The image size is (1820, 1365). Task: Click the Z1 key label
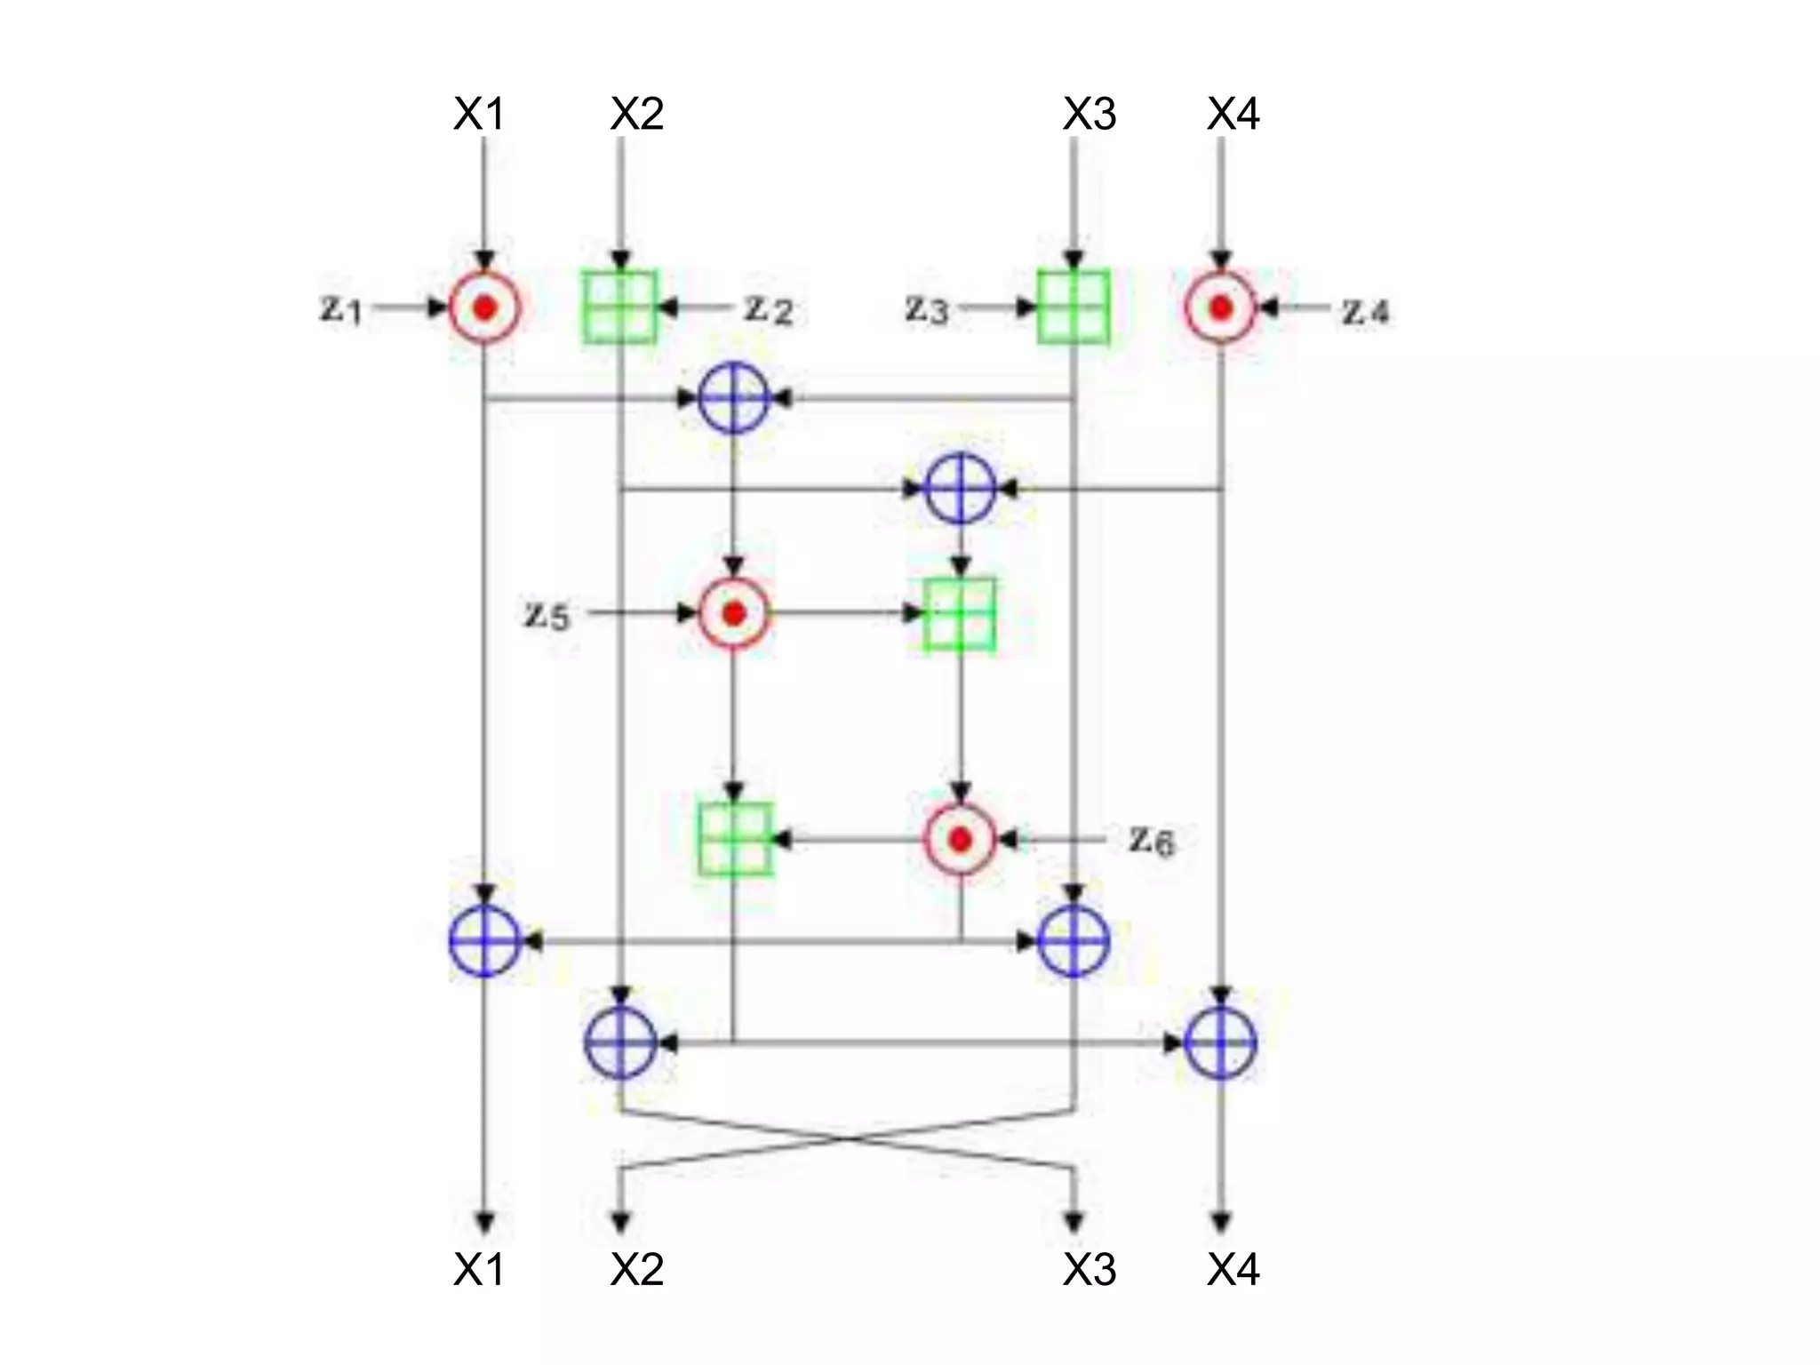341,309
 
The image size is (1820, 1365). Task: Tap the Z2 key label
769,309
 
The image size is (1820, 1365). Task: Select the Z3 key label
927,309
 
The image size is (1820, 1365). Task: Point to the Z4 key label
1365,311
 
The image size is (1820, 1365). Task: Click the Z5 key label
547,615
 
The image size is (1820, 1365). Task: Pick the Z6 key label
1152,840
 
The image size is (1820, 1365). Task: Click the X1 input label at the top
479,114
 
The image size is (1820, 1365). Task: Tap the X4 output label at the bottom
1233,1269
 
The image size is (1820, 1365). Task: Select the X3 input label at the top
1090,114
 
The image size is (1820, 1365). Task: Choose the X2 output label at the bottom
637,1269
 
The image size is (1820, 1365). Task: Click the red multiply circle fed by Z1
484,307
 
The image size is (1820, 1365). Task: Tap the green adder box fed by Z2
620,307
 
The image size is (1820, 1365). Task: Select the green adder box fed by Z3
1074,307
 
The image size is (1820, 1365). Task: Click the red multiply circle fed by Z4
1221,307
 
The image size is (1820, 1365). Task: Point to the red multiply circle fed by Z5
734,613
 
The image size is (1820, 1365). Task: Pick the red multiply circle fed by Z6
961,839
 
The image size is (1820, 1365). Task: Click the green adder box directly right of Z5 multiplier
960,614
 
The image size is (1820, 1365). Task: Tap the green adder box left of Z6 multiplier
735,839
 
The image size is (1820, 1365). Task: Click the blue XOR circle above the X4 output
1221,1042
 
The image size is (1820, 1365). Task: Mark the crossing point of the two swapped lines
848,1138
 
